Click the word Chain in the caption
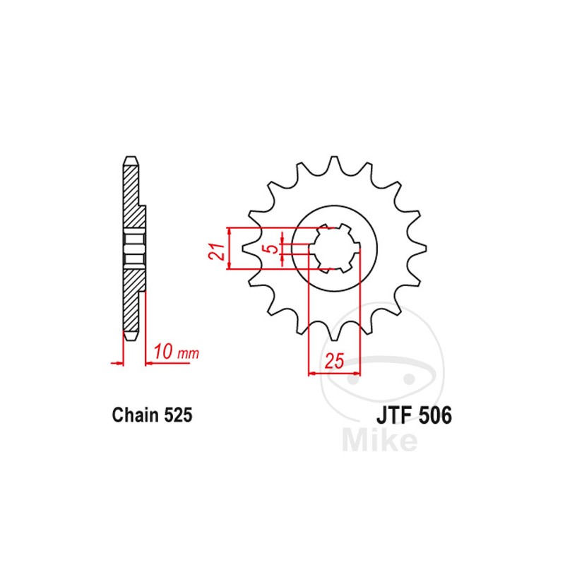coord(133,415)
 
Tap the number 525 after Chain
coord(175,415)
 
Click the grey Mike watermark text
coord(379,441)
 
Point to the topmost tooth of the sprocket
coord(335,160)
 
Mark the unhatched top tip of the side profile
coord(130,160)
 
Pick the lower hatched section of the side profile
coord(132,297)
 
